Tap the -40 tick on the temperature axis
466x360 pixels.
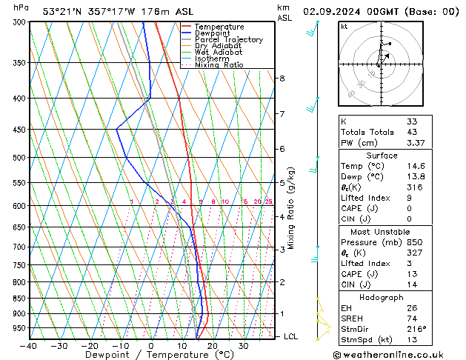(29, 346)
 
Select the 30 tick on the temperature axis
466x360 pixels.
(243, 346)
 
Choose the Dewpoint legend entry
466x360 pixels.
(214, 33)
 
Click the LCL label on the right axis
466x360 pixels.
(292, 336)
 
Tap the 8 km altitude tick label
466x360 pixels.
(282, 79)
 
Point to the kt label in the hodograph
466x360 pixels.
(344, 27)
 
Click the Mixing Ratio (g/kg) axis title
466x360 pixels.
(291, 208)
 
